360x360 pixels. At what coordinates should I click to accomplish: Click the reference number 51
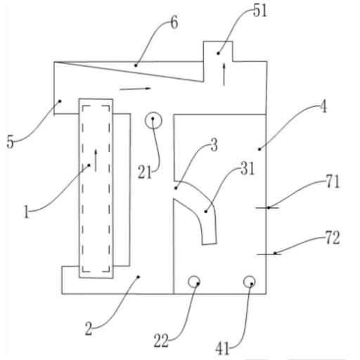(x=260, y=11)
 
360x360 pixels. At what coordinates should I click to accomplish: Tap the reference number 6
(x=174, y=22)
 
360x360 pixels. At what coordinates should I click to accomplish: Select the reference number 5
(x=10, y=142)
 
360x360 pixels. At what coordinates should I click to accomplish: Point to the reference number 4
(x=323, y=107)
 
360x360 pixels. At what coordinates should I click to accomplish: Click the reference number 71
(x=333, y=181)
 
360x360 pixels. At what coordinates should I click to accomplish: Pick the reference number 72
(x=333, y=238)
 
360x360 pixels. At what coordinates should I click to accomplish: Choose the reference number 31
(x=247, y=169)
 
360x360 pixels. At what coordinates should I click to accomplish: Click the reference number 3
(x=214, y=145)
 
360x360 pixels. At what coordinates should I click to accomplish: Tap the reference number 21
(x=145, y=172)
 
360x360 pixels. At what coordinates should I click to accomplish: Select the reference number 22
(x=161, y=340)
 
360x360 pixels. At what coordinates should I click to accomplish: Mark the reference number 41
(x=222, y=349)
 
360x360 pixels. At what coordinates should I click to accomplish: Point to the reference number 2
(x=89, y=328)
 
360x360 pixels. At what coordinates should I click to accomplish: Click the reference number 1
(x=27, y=212)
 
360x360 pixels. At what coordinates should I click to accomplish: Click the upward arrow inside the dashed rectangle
(x=96, y=160)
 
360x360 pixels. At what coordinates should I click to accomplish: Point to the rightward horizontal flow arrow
(x=135, y=89)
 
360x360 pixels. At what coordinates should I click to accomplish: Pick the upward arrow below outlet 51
(x=224, y=74)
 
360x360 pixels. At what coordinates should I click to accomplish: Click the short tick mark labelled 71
(x=267, y=207)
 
